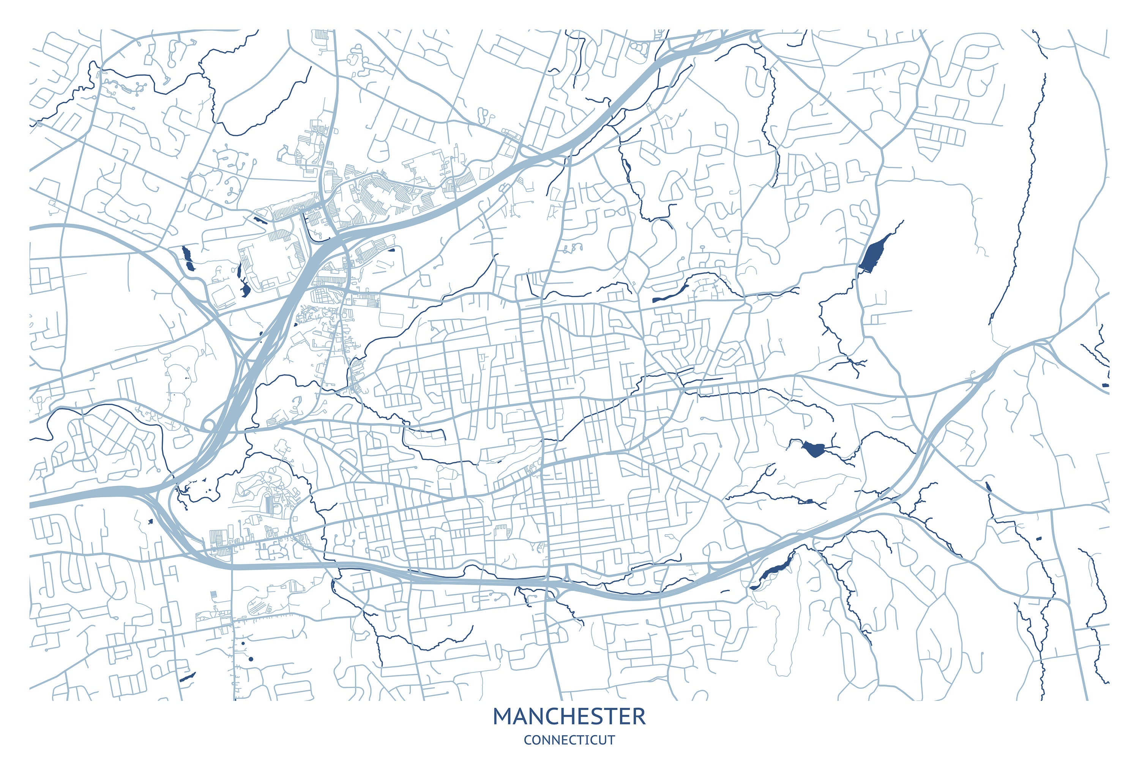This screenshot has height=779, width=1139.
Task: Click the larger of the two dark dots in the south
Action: (x=251, y=659)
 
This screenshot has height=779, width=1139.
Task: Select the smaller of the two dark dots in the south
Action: (x=243, y=643)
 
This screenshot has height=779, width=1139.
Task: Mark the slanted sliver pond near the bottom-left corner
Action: (x=187, y=677)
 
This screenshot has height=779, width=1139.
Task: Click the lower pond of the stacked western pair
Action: (x=190, y=268)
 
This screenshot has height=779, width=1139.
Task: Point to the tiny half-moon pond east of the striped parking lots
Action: (x=391, y=250)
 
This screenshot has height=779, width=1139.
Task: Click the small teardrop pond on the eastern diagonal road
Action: (x=988, y=486)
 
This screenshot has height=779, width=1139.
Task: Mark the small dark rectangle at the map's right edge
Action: (x=1105, y=386)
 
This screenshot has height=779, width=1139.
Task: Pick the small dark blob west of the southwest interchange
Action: (x=150, y=522)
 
